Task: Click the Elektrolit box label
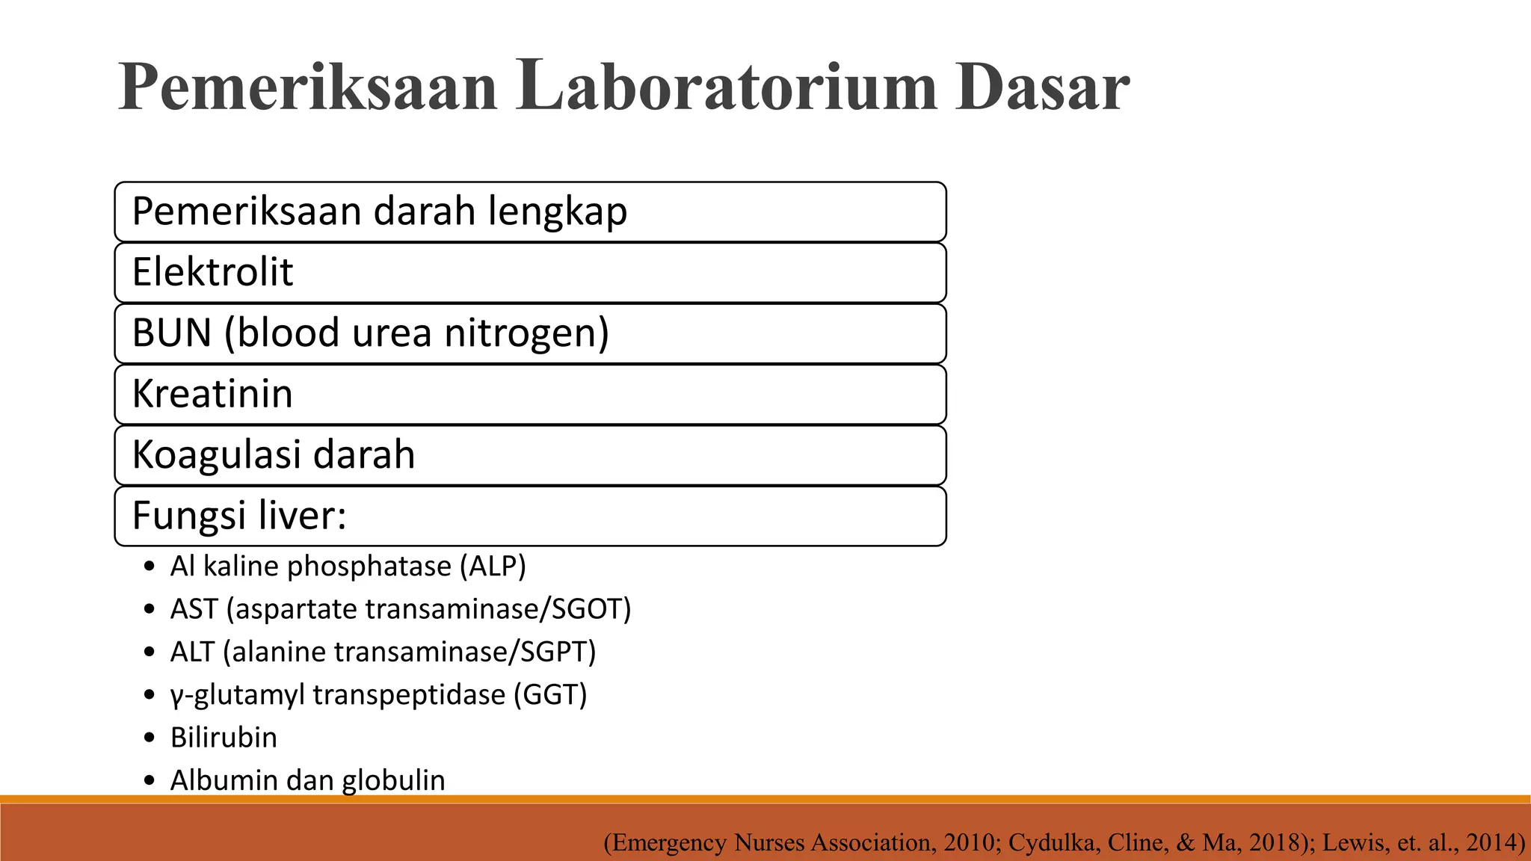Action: [212, 272]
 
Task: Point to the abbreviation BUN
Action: [172, 333]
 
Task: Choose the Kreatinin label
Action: [212, 394]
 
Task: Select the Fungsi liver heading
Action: [239, 516]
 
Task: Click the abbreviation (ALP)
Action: [493, 567]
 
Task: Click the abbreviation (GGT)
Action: [550, 695]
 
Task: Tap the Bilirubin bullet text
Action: [224, 738]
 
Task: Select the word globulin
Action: [393, 780]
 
